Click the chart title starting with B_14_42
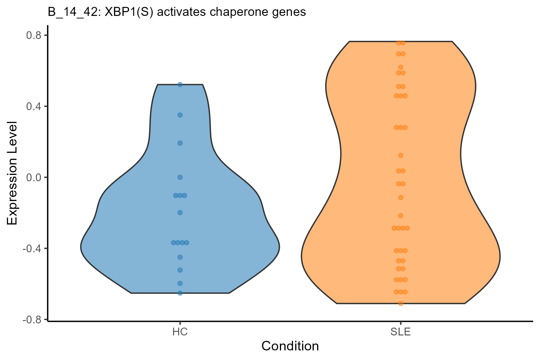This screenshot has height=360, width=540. point(177,12)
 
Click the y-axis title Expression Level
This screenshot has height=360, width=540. point(13,173)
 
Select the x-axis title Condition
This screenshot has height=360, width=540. point(290,346)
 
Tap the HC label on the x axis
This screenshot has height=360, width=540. point(180,332)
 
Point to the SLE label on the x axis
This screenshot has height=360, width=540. point(400,332)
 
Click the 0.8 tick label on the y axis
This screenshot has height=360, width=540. point(34,35)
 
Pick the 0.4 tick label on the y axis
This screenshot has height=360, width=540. point(34,106)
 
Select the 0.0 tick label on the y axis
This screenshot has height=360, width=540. point(34,177)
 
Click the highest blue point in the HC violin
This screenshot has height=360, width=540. point(180,85)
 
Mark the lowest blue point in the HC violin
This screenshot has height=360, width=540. point(180,293)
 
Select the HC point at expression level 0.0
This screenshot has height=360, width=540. point(180,177)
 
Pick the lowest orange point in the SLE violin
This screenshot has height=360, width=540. point(400,303)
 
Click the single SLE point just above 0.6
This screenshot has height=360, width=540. point(400,67)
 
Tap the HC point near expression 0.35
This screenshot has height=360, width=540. point(180,115)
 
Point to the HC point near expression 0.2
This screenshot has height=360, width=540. point(180,143)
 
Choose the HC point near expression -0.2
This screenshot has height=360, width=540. point(180,213)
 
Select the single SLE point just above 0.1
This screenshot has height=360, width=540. point(400,155)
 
